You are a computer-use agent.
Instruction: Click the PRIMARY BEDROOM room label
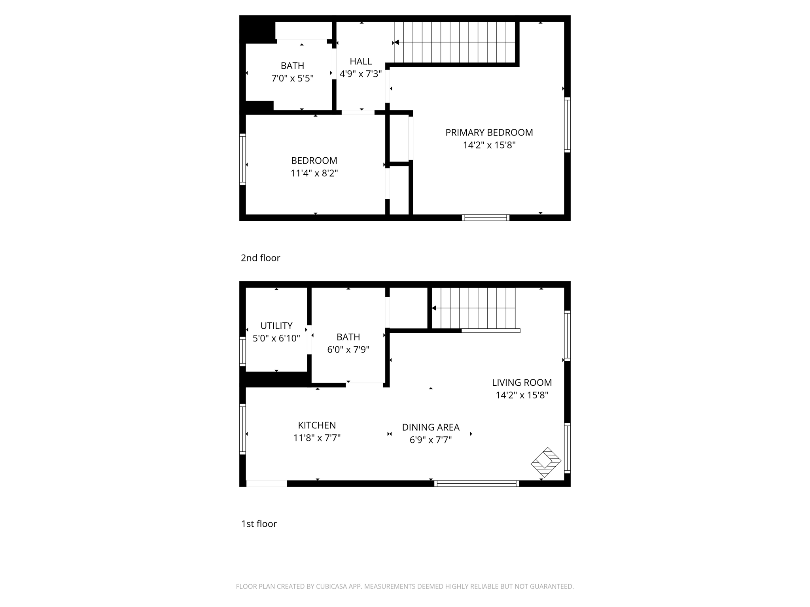[x=489, y=133]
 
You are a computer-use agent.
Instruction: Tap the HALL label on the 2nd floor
[x=361, y=62]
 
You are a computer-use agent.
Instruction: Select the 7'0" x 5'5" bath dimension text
[x=292, y=79]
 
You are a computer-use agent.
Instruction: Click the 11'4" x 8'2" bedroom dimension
[x=314, y=173]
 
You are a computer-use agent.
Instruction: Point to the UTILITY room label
[x=276, y=326]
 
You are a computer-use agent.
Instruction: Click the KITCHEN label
[x=317, y=426]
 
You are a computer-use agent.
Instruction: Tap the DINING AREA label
[x=431, y=428]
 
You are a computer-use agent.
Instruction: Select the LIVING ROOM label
[x=522, y=383]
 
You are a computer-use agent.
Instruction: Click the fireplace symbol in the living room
[x=546, y=462]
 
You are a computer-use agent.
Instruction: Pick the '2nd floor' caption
[x=260, y=258]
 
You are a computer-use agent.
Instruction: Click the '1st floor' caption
[x=259, y=524]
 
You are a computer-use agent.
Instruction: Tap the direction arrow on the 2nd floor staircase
[x=396, y=42]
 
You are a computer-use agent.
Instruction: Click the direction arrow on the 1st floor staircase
[x=434, y=308]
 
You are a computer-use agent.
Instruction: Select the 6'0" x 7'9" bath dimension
[x=348, y=350]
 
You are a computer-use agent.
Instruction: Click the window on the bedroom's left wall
[x=242, y=159]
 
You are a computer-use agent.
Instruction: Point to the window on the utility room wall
[x=242, y=351]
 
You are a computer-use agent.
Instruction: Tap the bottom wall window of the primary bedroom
[x=485, y=218]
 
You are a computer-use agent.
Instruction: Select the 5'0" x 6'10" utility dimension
[x=276, y=339]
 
